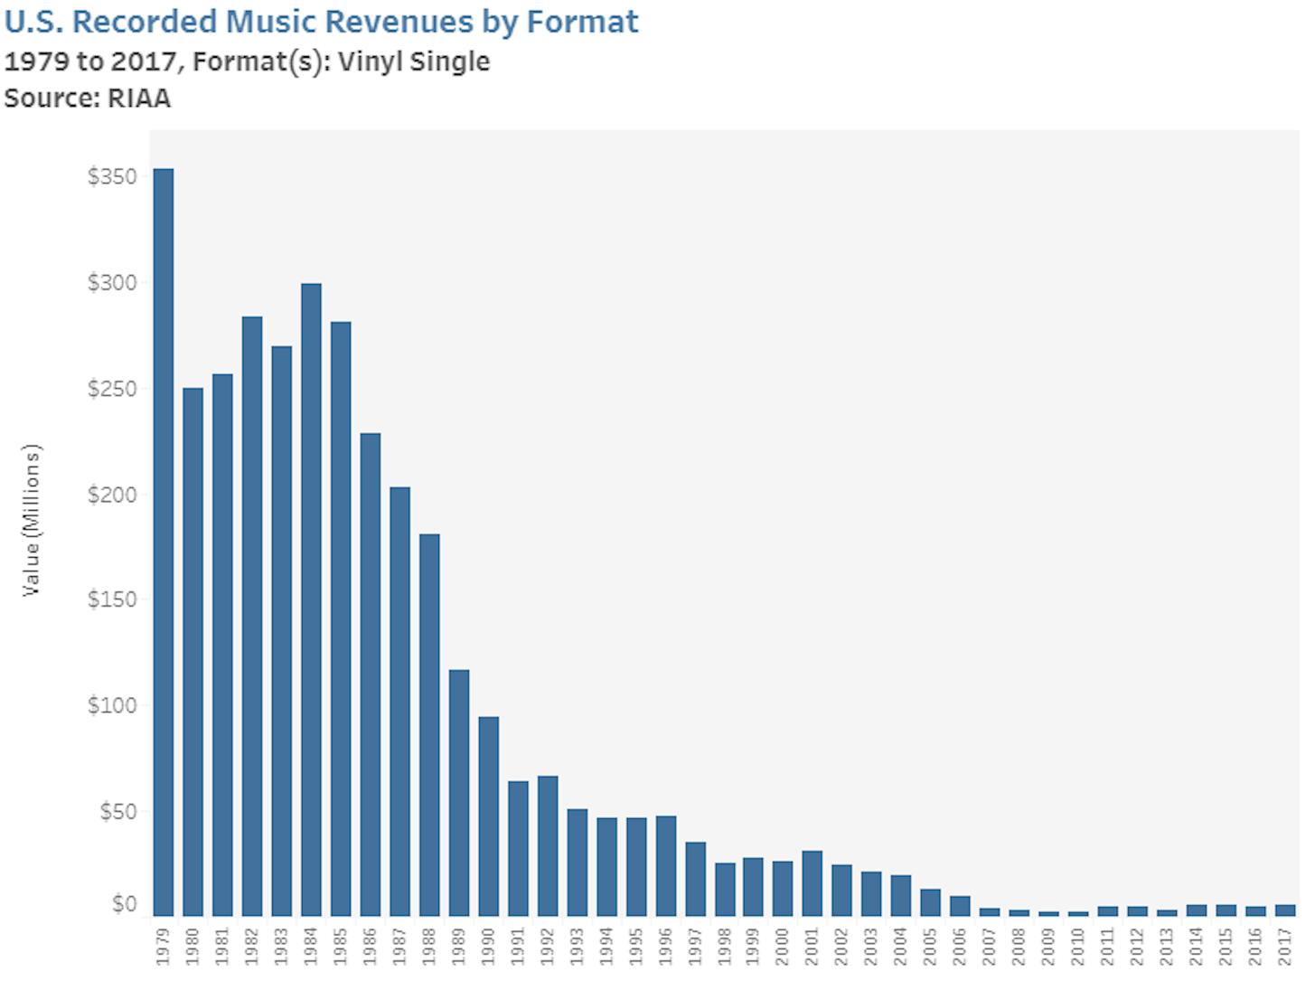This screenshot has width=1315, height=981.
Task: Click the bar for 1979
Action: click(x=164, y=542)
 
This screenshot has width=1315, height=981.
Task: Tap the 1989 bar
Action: click(x=459, y=793)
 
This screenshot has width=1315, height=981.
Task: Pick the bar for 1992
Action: click(x=548, y=845)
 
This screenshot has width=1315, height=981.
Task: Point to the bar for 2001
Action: click(x=812, y=883)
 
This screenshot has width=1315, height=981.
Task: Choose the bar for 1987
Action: click(x=399, y=702)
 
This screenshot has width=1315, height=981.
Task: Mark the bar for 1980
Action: click(x=193, y=652)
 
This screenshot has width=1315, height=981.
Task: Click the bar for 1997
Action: click(x=695, y=879)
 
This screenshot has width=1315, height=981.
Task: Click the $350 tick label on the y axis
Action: click(x=112, y=176)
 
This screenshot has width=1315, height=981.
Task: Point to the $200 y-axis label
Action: click(x=112, y=495)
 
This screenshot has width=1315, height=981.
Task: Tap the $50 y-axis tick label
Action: click(x=118, y=812)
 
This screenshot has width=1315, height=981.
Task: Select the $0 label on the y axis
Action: click(x=125, y=904)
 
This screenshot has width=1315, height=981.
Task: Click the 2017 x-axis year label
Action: click(x=1285, y=946)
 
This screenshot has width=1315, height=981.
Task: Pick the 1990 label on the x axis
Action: click(x=488, y=946)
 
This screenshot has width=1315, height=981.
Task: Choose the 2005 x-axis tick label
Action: click(x=931, y=946)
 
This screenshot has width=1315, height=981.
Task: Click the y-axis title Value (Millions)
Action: click(x=33, y=520)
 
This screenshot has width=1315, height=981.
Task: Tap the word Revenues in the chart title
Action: click(x=399, y=22)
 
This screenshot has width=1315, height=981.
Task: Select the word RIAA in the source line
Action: click(x=139, y=98)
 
